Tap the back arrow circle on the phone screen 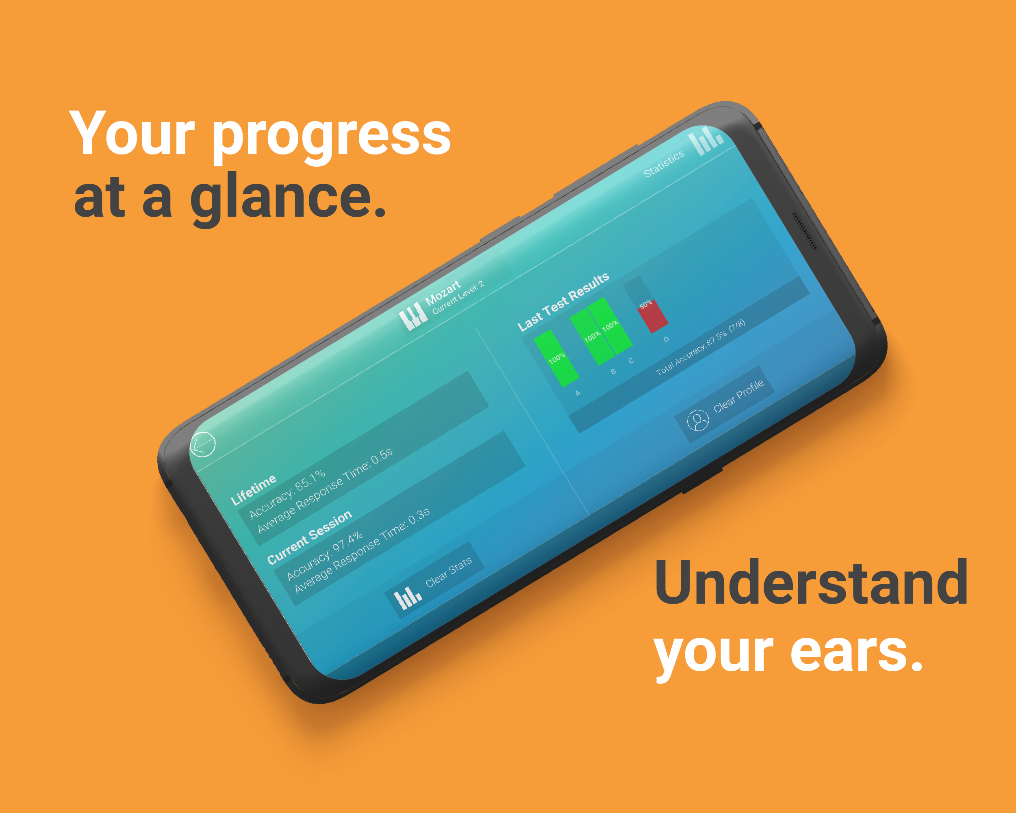(203, 444)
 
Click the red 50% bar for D (653, 316)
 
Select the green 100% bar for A (556, 358)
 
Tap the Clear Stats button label (449, 572)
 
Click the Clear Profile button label (738, 396)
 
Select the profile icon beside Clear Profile (698, 420)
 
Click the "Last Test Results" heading (563, 302)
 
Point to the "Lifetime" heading (253, 490)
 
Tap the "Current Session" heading (309, 537)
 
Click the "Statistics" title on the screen (664, 163)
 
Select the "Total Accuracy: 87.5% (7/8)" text (701, 347)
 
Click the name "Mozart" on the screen (443, 293)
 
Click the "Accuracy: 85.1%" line (287, 494)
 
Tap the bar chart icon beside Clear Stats (408, 598)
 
